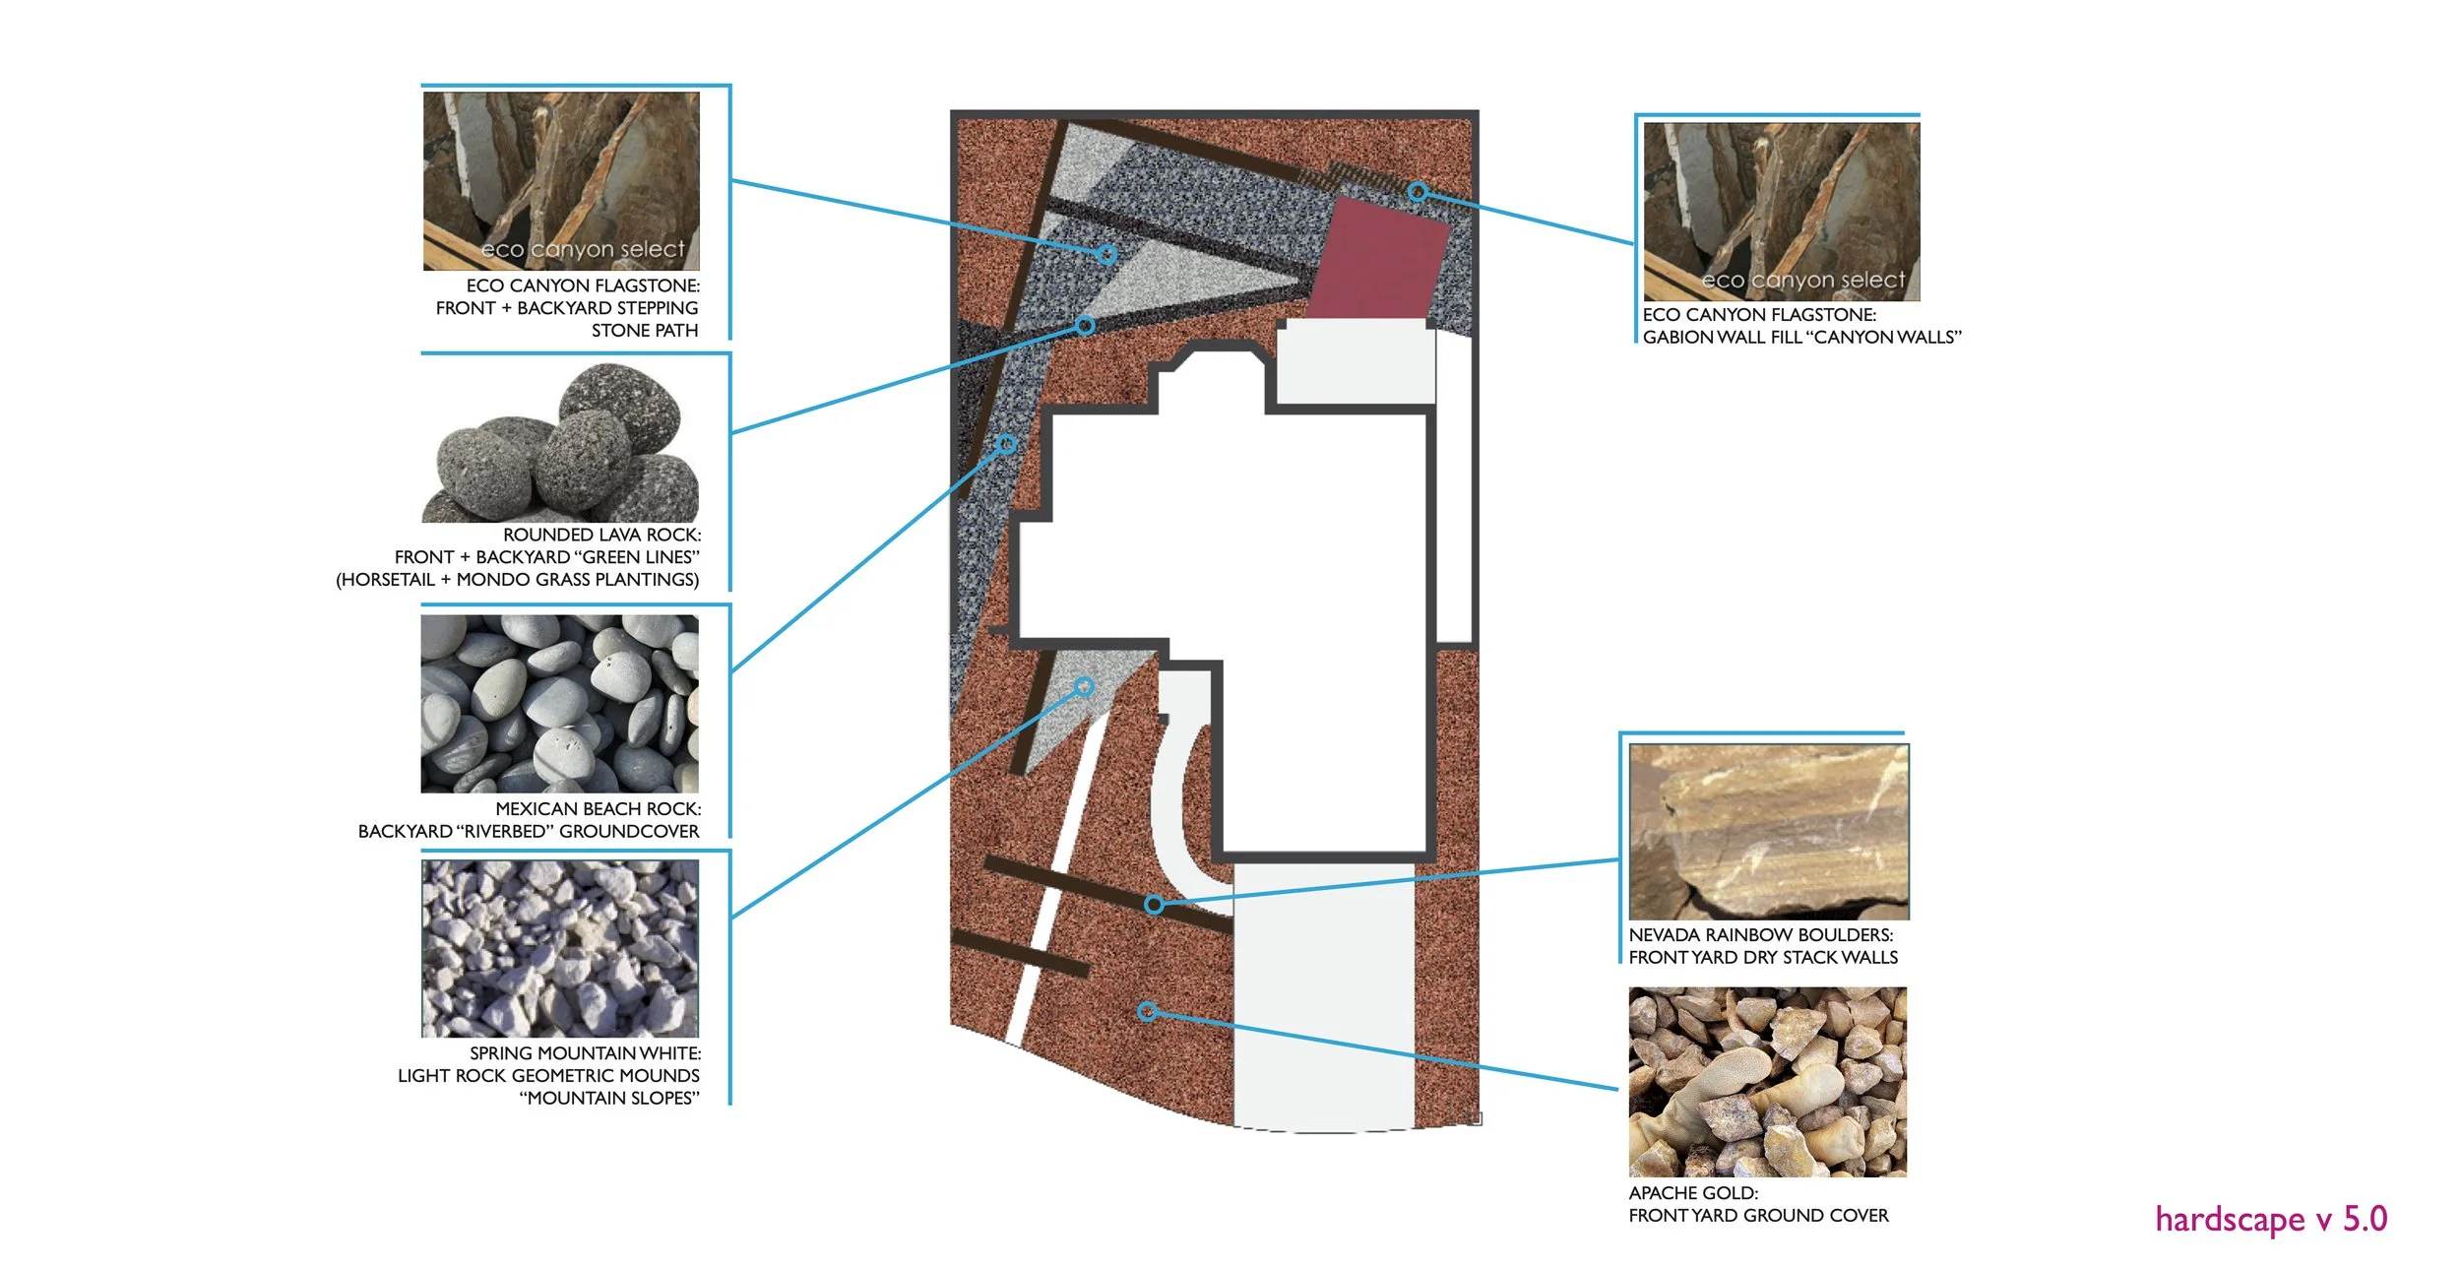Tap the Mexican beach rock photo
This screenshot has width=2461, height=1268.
(559, 704)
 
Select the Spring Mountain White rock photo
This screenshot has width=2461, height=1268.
(559, 948)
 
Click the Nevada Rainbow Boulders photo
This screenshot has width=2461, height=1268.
(1768, 831)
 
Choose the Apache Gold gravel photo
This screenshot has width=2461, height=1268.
(1767, 1083)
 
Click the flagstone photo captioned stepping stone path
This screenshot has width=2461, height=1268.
(561, 181)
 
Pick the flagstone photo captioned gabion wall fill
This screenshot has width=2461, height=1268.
(1781, 212)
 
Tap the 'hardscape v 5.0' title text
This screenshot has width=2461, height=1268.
(2270, 1220)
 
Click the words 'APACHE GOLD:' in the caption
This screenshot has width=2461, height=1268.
(1692, 1193)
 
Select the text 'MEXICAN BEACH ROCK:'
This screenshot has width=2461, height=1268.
(598, 809)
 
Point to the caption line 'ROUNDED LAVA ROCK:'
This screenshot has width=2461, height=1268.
(601, 535)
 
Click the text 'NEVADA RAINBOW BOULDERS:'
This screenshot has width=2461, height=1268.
(1760, 935)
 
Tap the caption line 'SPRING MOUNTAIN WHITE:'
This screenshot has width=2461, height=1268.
(585, 1053)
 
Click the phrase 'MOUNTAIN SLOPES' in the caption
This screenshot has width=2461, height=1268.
(610, 1099)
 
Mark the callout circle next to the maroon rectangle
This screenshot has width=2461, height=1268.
(1417, 192)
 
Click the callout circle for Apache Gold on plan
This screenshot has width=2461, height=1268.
(1147, 1011)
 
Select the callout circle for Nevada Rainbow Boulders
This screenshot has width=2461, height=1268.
(1154, 904)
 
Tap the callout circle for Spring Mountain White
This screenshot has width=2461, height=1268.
(1084, 686)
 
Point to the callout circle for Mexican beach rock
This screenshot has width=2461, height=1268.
(1006, 444)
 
